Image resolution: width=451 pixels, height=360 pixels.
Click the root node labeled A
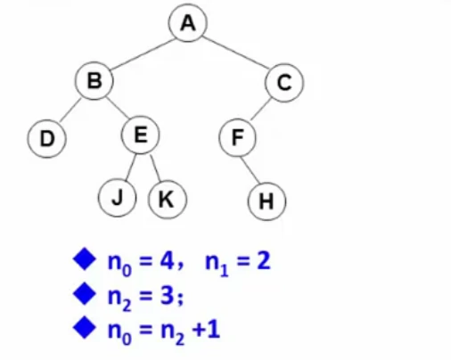tap(187, 23)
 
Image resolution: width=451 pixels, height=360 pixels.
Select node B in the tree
tap(94, 80)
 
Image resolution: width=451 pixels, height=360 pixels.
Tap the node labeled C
tap(284, 83)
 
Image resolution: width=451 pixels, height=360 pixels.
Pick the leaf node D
tap(46, 138)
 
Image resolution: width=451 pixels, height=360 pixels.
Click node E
tap(141, 135)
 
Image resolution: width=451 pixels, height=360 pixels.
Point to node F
tap(237, 137)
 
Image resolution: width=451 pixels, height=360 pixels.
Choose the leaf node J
tap(117, 198)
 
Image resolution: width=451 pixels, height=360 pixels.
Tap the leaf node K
tap(168, 199)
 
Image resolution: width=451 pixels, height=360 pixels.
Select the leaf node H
tap(266, 201)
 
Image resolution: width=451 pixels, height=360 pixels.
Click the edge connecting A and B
tap(143, 53)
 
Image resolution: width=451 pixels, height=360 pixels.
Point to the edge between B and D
tap(70, 110)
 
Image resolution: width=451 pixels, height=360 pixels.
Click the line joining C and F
tap(261, 109)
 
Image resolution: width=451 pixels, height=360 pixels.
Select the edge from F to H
tap(250, 170)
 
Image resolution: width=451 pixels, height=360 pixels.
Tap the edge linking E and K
tap(155, 168)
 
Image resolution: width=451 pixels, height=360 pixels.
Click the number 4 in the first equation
tap(167, 261)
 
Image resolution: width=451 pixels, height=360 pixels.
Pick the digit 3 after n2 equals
tap(168, 296)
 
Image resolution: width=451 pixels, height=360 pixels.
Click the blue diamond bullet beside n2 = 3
tap(85, 293)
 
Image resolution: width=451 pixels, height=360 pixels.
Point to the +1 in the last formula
tap(206, 330)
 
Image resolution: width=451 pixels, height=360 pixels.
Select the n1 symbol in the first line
tap(217, 264)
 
